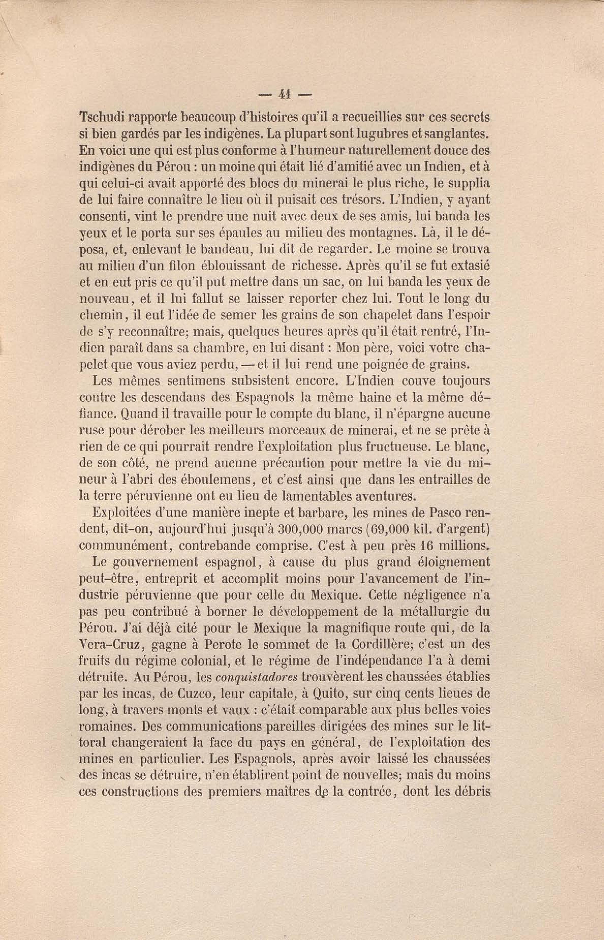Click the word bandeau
(x=224, y=249)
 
